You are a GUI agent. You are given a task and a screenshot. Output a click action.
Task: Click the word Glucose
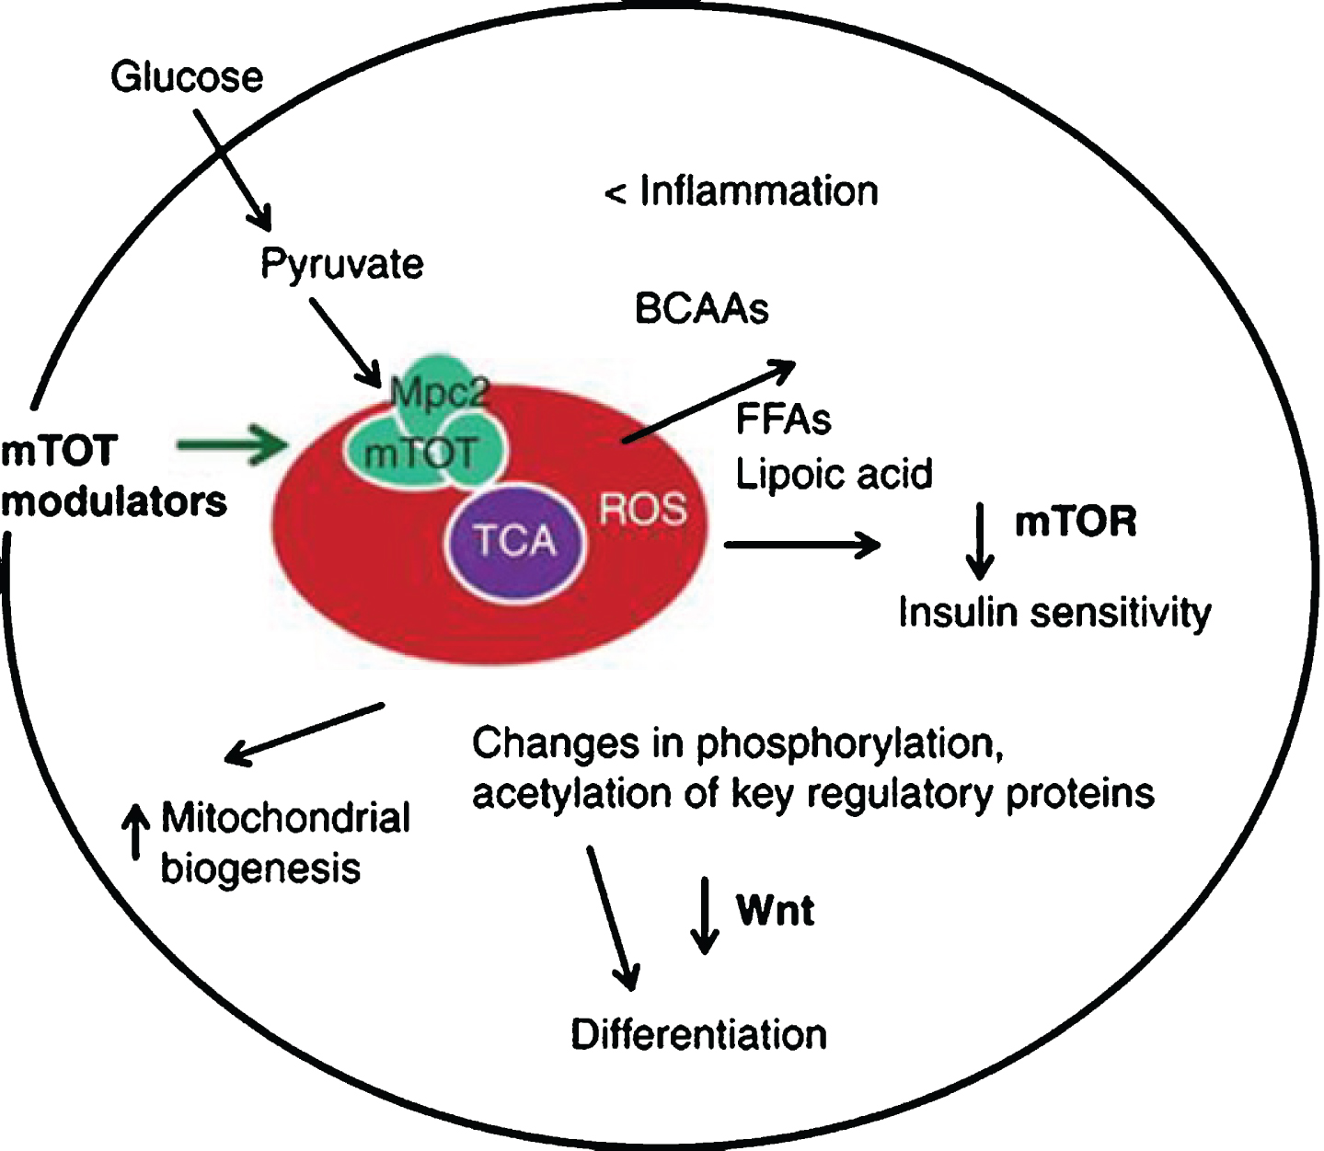click(187, 76)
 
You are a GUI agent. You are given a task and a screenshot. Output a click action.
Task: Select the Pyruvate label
click(341, 264)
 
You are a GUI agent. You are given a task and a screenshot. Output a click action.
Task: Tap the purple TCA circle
click(515, 540)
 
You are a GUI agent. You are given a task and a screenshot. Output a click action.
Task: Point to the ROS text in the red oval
click(643, 509)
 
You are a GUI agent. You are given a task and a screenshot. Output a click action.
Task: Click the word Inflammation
click(759, 191)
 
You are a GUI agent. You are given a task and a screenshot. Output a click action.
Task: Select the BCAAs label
click(701, 309)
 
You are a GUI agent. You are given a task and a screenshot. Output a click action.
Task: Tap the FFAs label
click(783, 420)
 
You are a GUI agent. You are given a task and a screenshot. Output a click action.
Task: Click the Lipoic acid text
click(834, 474)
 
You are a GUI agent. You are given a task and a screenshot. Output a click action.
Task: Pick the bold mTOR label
click(1076, 522)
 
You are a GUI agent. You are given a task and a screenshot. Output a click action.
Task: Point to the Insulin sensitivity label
click(1054, 613)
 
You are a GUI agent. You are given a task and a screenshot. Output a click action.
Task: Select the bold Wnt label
click(775, 910)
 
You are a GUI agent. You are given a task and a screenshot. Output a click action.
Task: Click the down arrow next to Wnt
click(705, 915)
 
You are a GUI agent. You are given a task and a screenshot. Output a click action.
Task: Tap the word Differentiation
click(698, 1034)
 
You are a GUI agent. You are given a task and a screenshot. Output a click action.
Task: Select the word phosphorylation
click(848, 743)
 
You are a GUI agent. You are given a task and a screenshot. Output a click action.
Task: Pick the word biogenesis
click(260, 869)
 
